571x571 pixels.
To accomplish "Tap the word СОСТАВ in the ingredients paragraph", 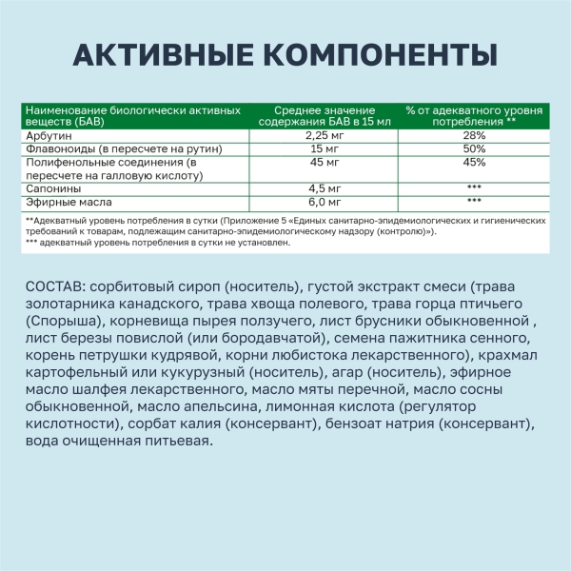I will pos(50,287).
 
